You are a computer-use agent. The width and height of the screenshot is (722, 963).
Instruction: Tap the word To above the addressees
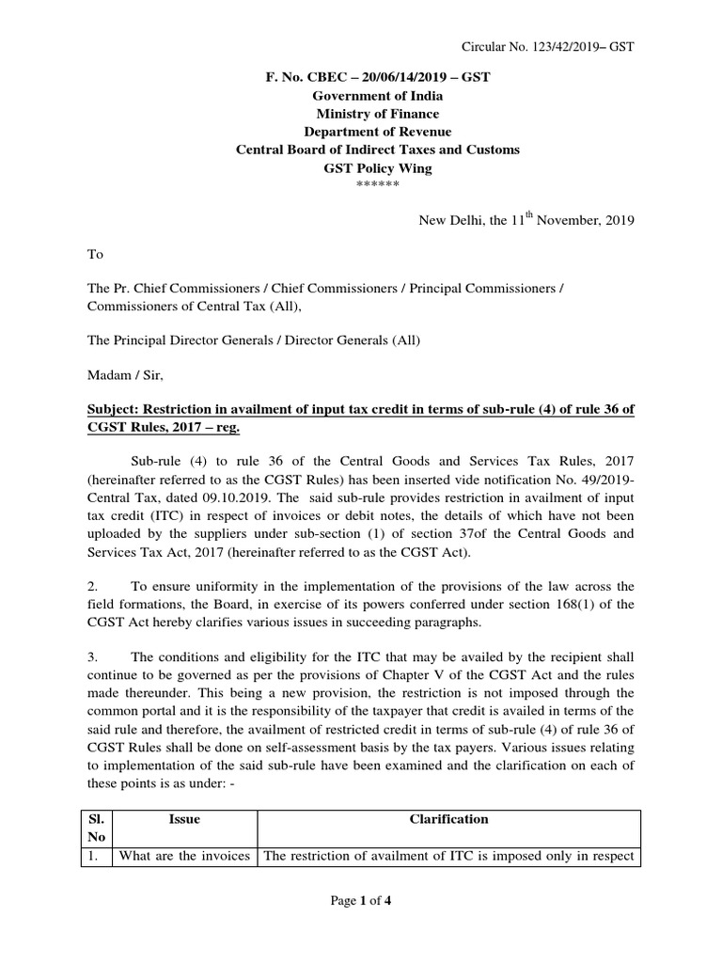(x=95, y=255)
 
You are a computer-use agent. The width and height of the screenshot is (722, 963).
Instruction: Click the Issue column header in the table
(x=184, y=819)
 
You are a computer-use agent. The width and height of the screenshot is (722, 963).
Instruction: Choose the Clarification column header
(x=448, y=819)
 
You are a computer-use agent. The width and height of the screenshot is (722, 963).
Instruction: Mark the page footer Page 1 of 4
(x=360, y=901)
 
